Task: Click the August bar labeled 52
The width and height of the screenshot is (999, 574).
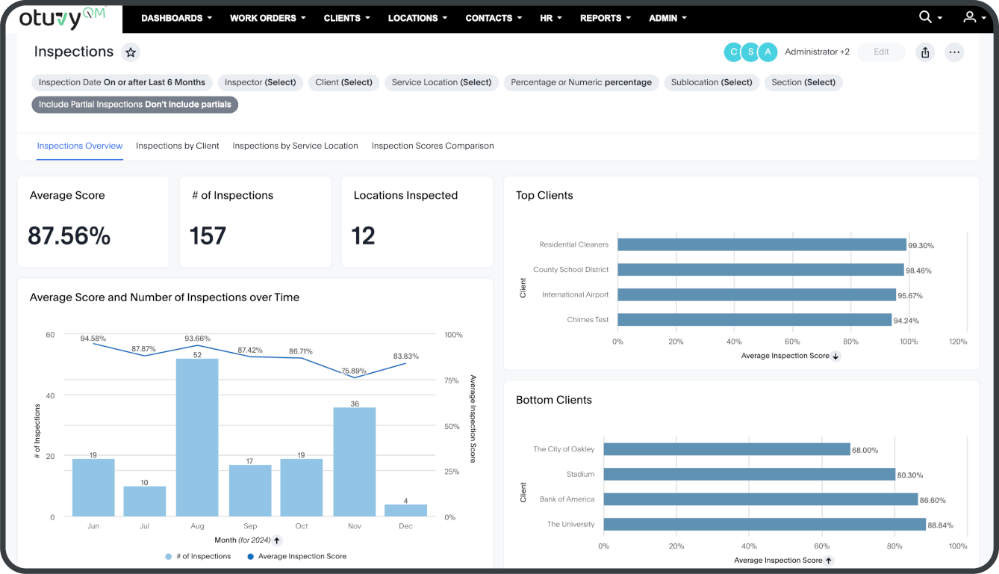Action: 197,437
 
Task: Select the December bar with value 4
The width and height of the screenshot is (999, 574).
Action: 405,510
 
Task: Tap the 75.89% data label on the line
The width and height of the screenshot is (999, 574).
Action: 354,371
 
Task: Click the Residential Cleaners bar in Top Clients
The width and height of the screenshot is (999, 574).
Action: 762,244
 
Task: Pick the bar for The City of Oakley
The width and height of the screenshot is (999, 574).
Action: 726,449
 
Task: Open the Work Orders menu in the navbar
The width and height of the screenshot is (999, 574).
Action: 268,18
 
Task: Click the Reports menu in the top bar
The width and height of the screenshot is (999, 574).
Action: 605,18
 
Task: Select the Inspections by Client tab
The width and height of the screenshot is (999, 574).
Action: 178,146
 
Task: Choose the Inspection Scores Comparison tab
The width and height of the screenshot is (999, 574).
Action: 432,146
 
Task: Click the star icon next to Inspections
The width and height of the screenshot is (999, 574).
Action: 131,52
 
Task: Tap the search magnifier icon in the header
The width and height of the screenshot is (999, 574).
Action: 925,17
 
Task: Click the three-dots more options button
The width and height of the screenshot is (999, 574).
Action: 954,52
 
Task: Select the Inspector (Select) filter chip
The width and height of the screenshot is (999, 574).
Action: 260,82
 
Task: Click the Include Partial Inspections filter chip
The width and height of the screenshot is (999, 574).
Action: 134,105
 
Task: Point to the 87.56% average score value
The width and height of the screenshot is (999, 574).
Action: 69,236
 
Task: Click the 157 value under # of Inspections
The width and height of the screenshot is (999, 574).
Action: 208,236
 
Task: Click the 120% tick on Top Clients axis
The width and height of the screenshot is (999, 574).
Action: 957,341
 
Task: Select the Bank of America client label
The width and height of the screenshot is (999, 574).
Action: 567,499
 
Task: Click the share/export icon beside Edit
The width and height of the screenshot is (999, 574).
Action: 925,52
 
